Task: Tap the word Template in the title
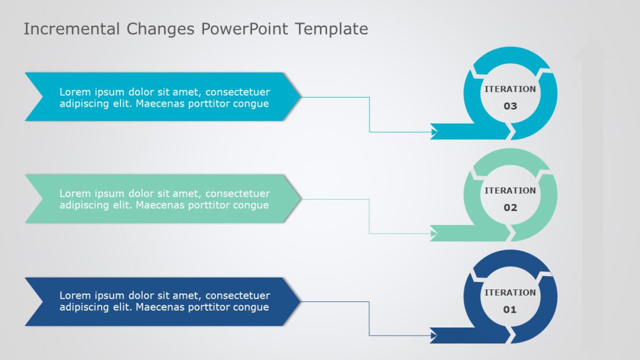pyautogui.click(x=331, y=29)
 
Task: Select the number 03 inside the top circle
pyautogui.click(x=510, y=106)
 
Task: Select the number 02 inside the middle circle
pyautogui.click(x=510, y=208)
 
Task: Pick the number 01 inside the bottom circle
pyautogui.click(x=510, y=310)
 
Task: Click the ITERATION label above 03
pyautogui.click(x=510, y=89)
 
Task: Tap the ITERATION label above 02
pyautogui.click(x=510, y=190)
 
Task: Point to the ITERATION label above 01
pyautogui.click(x=510, y=292)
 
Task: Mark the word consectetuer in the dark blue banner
pyautogui.click(x=238, y=295)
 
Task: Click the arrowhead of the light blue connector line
pyautogui.click(x=434, y=132)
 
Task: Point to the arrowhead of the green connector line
pyautogui.click(x=434, y=234)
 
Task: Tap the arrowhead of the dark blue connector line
pyautogui.click(x=434, y=336)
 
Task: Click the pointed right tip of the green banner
pyautogui.click(x=299, y=199)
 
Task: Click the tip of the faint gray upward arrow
pyautogui.click(x=594, y=41)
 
